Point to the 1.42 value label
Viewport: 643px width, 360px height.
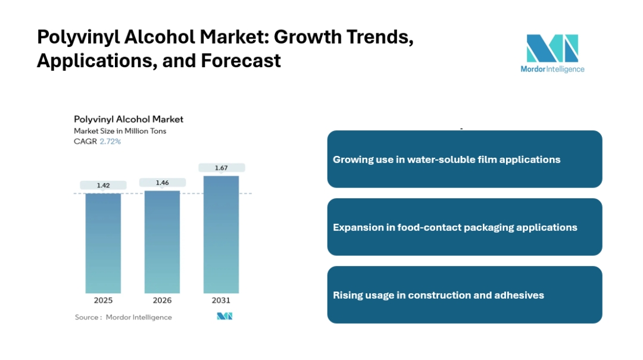coord(103,186)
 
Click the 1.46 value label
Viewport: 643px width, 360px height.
coord(162,183)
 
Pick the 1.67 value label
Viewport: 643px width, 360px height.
coord(221,168)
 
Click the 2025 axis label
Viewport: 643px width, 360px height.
coord(103,300)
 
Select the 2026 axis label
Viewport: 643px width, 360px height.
coord(162,300)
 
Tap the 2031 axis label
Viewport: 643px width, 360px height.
coord(221,300)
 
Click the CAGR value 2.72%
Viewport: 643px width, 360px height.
coord(110,142)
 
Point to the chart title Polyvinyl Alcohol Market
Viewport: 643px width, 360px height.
coord(129,120)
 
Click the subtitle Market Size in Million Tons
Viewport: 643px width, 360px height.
coord(120,131)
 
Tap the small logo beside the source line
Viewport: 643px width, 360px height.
coord(224,317)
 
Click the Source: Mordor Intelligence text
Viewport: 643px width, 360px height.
coord(123,317)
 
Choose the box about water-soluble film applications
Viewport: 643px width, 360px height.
coord(464,159)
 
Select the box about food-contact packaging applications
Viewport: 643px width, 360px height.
coord(464,227)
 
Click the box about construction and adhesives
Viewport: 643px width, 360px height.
coord(464,295)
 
